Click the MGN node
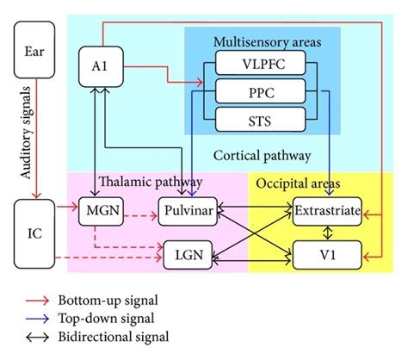(x=102, y=209)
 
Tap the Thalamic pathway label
(x=151, y=183)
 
